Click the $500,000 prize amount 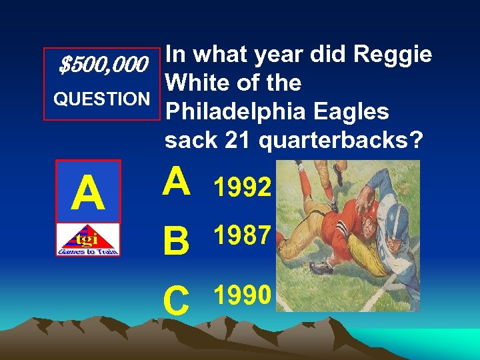[x=103, y=65]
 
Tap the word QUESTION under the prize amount [x=101, y=99]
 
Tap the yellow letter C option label [x=177, y=300]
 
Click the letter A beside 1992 [x=177, y=183]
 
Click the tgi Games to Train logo [x=88, y=240]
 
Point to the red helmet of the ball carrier [x=357, y=201]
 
